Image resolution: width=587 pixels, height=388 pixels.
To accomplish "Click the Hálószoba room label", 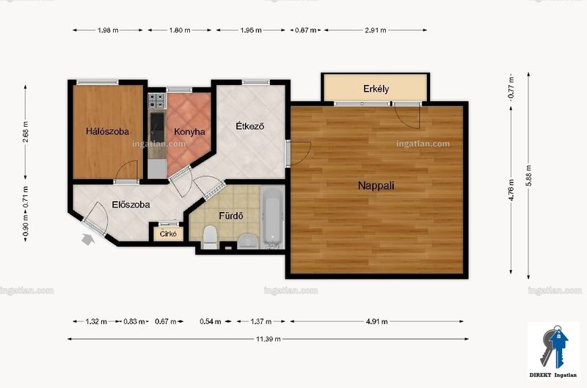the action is click(107, 131).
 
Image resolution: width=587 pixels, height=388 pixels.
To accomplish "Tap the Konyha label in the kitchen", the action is click(189, 132).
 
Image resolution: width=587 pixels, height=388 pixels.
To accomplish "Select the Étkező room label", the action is click(249, 126).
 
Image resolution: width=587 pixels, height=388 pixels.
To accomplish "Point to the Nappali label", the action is click(376, 186).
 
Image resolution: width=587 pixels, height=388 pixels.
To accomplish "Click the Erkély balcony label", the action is click(376, 89).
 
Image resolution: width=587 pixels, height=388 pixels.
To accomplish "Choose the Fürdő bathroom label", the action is click(231, 216).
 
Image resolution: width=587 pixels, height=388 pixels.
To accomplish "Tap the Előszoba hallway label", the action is click(131, 205).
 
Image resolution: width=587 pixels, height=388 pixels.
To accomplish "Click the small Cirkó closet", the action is click(168, 233).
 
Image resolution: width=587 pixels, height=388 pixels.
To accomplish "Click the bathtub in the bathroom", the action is click(272, 217).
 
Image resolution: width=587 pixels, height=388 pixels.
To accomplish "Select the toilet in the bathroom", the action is click(210, 237).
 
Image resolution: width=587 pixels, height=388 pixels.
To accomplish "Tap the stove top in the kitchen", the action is click(157, 100).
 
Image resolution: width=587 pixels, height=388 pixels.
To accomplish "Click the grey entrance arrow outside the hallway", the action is click(87, 239).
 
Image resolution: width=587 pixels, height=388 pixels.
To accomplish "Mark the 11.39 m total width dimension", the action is click(268, 339).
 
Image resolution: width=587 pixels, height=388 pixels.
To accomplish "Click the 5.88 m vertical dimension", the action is click(528, 175).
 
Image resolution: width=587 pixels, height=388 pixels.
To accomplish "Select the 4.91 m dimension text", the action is click(376, 321).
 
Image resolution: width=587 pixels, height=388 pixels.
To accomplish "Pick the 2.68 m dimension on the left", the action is click(26, 132).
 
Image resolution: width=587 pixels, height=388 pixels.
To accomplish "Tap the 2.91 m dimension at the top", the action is click(376, 30).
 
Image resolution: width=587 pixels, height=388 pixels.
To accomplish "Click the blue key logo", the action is click(554, 346).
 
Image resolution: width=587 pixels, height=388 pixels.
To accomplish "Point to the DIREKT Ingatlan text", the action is click(553, 375).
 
